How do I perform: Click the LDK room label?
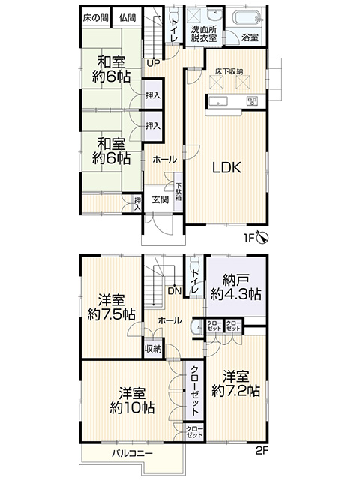point(227,167)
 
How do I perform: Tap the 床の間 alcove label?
point(95,18)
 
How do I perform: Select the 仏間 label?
point(127,18)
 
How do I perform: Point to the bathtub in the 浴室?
point(247,17)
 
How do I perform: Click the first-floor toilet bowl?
point(174,13)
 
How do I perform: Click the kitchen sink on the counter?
point(218,100)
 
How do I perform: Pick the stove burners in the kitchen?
point(252,100)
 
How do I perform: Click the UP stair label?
point(153,63)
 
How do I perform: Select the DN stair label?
point(175,291)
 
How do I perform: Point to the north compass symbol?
point(262,237)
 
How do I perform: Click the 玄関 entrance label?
point(160,200)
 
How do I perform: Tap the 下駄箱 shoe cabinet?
point(178,192)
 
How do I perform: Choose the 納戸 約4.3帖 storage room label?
point(235,287)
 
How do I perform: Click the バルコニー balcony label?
point(132,453)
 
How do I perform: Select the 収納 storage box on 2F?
point(153,348)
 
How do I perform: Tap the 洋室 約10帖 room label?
point(132,400)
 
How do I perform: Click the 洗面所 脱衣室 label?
point(204,34)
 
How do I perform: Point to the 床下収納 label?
point(229,72)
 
